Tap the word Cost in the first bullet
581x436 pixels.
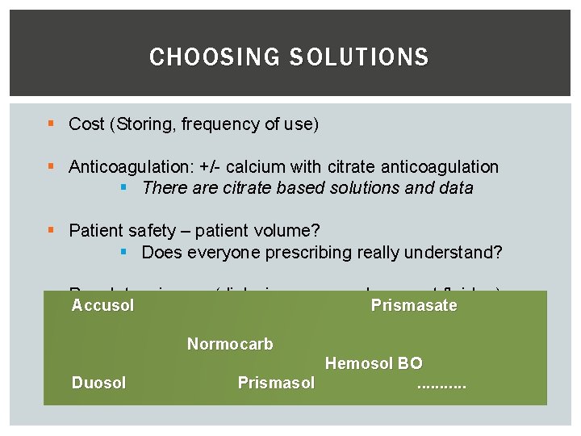coord(86,124)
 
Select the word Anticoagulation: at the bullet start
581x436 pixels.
coord(128,167)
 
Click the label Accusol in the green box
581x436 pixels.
coord(102,305)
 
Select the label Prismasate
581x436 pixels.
coord(414,305)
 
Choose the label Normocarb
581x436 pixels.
coord(230,344)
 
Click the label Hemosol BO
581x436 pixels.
coord(374,364)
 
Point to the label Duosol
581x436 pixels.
coord(98,383)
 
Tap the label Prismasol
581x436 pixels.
coord(276,383)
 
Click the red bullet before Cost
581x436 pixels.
coord(51,124)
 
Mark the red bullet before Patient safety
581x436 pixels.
coord(51,231)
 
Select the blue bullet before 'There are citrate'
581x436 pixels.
coord(123,188)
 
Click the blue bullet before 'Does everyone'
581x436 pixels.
coord(123,253)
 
